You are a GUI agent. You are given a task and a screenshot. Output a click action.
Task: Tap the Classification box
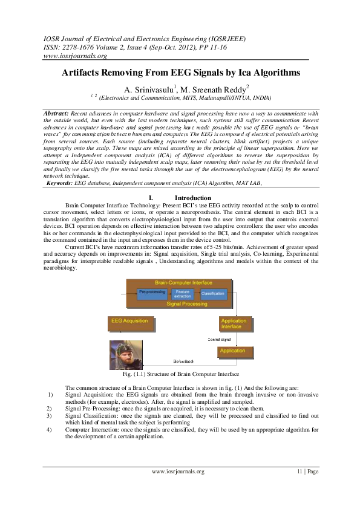[x=213, y=293]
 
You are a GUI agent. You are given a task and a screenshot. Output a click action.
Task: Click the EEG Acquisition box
[x=131, y=322]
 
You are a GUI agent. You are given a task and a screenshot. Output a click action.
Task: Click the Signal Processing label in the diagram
[x=183, y=304]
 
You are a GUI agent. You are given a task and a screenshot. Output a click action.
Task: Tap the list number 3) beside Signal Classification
[x=50, y=416]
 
